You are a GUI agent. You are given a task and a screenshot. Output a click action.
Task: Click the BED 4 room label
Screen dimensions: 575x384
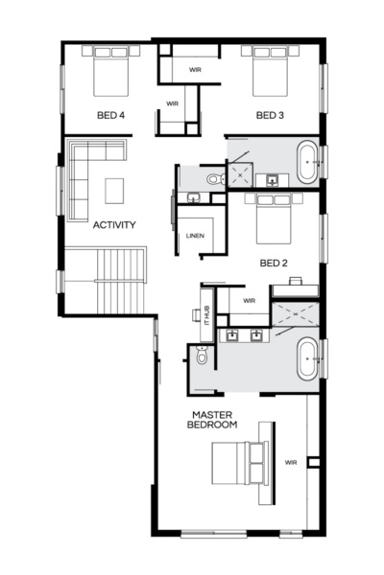click(110, 115)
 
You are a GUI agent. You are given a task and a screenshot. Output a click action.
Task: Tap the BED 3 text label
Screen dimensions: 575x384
click(271, 115)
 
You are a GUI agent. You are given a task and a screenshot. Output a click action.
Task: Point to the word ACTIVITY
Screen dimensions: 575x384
click(113, 225)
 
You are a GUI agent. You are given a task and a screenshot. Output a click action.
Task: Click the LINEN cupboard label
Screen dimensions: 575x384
click(195, 235)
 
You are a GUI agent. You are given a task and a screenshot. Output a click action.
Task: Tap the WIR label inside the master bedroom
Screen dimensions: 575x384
click(290, 462)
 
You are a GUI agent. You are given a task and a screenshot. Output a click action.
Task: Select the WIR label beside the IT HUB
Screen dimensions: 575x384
click(249, 300)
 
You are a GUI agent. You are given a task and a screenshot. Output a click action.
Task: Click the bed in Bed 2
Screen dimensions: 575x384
click(273, 218)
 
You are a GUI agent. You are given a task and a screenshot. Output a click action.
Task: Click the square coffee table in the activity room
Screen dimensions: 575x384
click(114, 190)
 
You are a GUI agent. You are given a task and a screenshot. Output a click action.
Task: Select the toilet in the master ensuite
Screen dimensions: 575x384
click(201, 357)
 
